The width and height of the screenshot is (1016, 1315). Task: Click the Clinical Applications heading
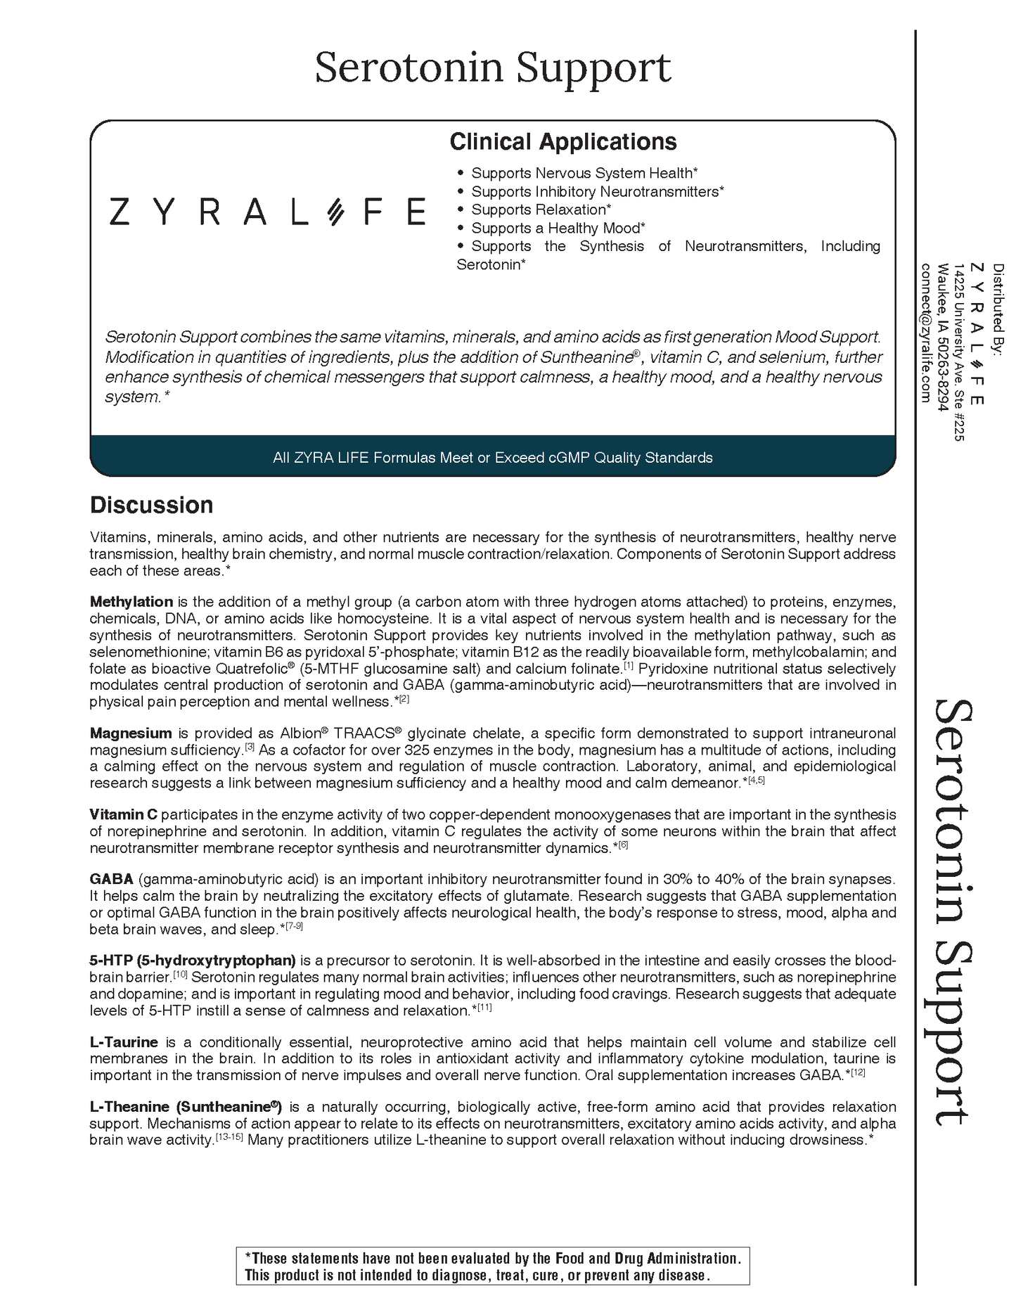click(x=562, y=142)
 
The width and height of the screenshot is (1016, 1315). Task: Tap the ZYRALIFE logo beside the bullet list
click(x=267, y=211)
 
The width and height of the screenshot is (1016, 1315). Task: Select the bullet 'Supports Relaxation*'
click(x=540, y=210)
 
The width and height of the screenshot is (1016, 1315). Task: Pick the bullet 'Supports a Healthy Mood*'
click(x=558, y=228)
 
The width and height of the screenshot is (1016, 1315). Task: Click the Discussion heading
click(x=151, y=505)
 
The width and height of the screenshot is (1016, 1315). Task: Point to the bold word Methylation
click(x=131, y=602)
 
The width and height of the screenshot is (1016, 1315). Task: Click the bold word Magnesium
click(x=130, y=733)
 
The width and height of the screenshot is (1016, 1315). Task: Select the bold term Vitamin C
click(x=123, y=814)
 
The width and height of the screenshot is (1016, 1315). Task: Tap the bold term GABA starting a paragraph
click(x=111, y=879)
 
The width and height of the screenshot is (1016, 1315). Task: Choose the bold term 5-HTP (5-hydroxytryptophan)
click(x=192, y=961)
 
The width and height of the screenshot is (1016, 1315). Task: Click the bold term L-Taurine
click(x=123, y=1042)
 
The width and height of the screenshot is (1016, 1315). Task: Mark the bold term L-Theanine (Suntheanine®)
click(x=186, y=1107)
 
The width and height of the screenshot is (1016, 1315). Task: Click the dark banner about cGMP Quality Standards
click(x=492, y=458)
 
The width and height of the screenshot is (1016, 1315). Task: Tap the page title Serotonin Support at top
click(x=492, y=68)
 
